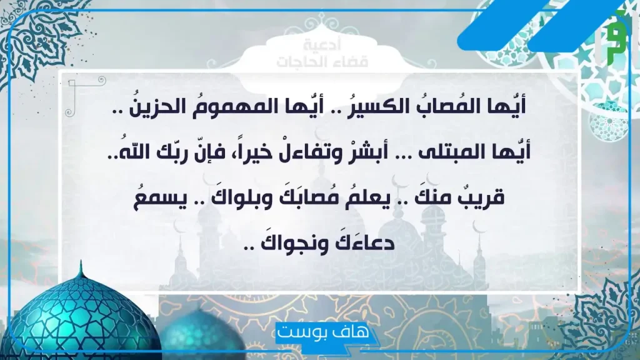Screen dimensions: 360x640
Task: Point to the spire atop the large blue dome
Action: point(81,269)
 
